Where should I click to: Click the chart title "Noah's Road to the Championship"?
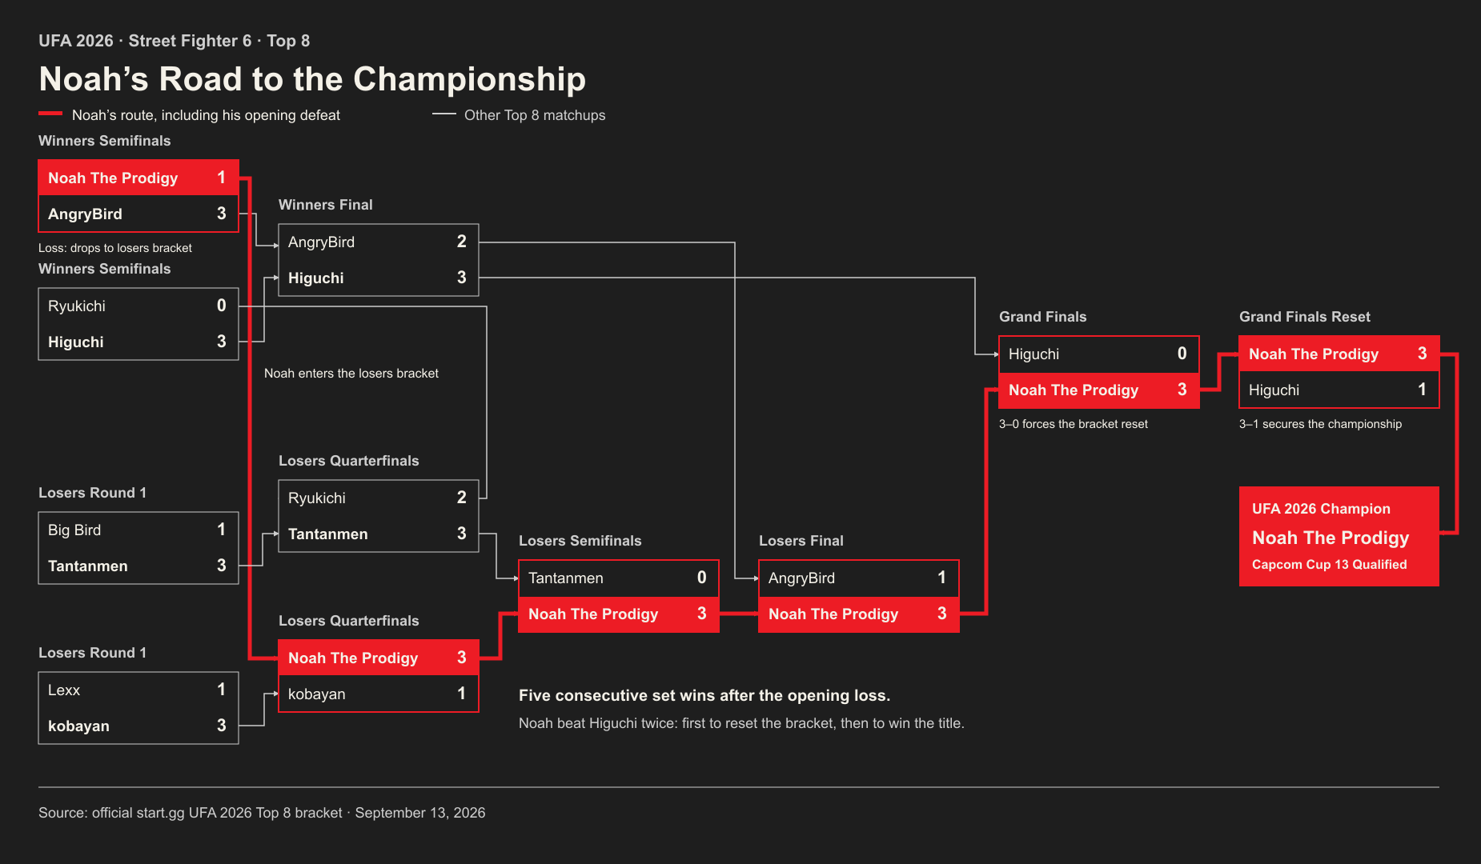[312, 79]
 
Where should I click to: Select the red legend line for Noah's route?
[50, 114]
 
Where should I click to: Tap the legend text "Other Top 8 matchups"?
[535, 115]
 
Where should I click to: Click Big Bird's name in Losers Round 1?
[74, 530]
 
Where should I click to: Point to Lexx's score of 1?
[222, 690]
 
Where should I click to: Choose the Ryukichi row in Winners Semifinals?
[138, 306]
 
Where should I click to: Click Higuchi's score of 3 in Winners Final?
[462, 278]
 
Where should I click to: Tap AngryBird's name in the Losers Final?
[801, 578]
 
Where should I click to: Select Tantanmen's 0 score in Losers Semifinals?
[702, 578]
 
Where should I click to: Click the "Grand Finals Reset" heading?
[1305, 317]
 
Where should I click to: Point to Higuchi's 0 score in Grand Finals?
[1182, 354]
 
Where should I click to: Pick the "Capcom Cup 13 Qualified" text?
[1329, 565]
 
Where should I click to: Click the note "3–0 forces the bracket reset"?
[1073, 424]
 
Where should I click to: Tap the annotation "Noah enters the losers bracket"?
[351, 374]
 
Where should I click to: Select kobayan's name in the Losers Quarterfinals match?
[317, 694]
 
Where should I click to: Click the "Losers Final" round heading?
[801, 541]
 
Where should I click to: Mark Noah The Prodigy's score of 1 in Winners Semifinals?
[222, 178]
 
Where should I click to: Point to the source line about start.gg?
[262, 813]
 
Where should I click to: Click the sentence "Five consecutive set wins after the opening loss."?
[704, 696]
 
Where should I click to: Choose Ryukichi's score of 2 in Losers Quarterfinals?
[462, 498]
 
